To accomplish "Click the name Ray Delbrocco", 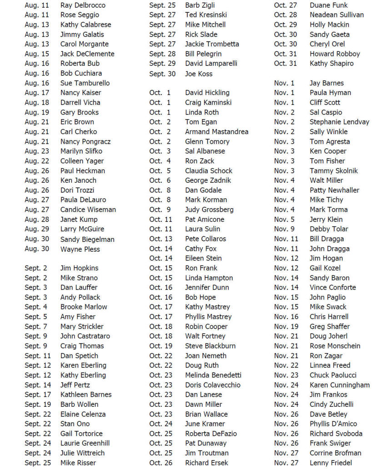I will pos(83,5).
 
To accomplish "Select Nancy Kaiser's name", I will pos(81,93).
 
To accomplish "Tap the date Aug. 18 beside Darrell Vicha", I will pos(36,103).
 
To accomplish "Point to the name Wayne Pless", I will pos(80,249).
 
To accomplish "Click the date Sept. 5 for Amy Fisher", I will pos(35,317).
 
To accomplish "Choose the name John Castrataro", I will pos(85,336).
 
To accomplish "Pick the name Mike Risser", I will pos(78,463).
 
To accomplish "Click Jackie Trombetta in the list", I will pos(212,44).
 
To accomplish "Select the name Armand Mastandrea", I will pos(216,132).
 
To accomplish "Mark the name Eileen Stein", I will pos(203,258).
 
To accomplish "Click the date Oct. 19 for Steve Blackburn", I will pos(161,346).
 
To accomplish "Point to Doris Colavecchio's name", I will pos(213,385).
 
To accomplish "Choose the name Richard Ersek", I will pos(206,463).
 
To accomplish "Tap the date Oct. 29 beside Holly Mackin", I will pos(286,25).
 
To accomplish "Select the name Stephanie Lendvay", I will pos(339,122).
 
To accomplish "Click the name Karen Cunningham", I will pos(340,385).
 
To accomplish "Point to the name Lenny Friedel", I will pos(331,463).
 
